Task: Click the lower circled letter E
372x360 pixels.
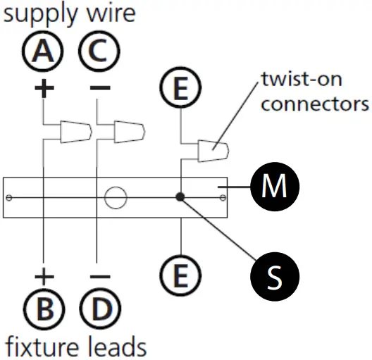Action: [181, 273]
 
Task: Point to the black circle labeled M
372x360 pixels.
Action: [274, 187]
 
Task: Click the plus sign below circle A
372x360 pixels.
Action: [44, 88]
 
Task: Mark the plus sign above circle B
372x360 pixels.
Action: [44, 274]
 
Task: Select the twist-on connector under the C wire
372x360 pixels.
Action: [131, 131]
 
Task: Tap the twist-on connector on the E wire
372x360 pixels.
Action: [213, 150]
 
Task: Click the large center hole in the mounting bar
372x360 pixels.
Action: [116, 197]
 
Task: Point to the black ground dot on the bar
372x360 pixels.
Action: [182, 198]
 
